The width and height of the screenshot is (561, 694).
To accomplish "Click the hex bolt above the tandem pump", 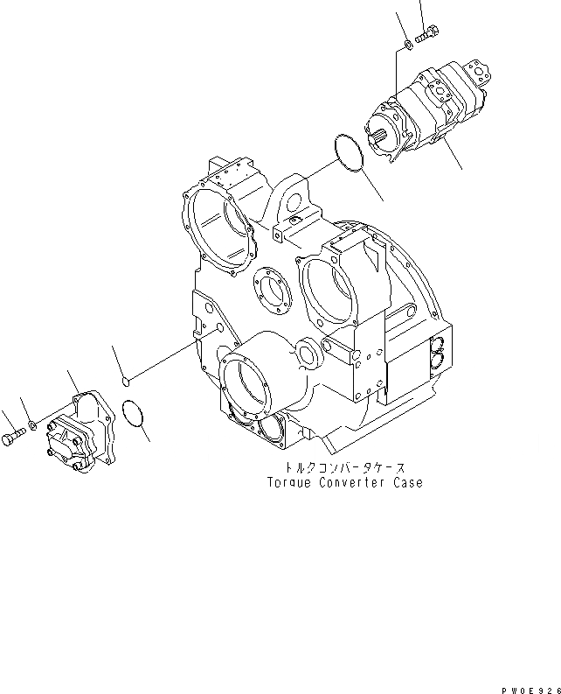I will (428, 34).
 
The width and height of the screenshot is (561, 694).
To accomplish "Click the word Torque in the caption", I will (292, 482).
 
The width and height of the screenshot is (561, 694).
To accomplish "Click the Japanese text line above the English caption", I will (346, 468).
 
